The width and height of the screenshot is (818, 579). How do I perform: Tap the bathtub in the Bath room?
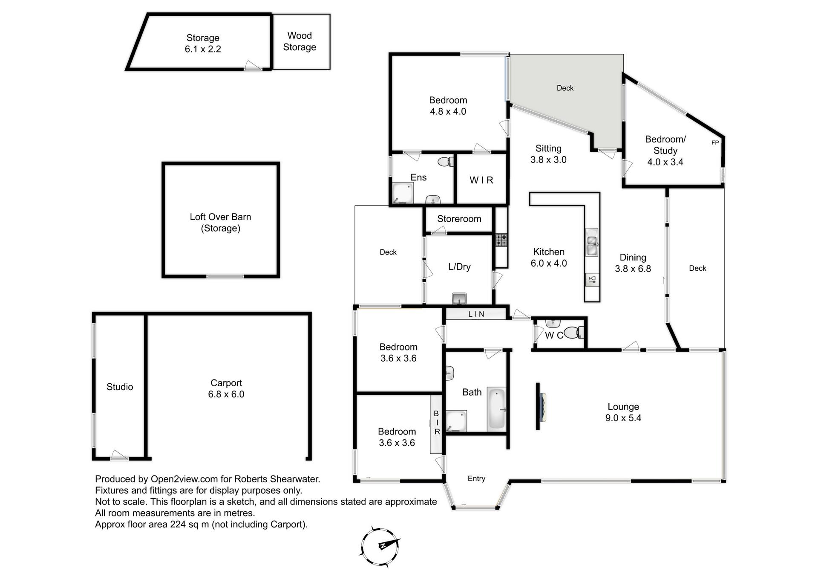[x=496, y=409]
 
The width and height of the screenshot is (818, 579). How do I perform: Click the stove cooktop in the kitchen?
[x=501, y=240]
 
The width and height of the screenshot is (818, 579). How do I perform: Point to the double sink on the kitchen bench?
[x=592, y=242]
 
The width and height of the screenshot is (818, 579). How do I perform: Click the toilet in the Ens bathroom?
[x=446, y=162]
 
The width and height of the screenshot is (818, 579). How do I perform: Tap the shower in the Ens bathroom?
[x=403, y=193]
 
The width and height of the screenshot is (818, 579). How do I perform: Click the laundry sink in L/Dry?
[x=459, y=298]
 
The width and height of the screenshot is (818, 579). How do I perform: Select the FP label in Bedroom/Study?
[x=715, y=142]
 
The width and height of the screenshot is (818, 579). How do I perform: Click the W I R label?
[x=481, y=180]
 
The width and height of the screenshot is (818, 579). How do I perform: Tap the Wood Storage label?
[x=300, y=41]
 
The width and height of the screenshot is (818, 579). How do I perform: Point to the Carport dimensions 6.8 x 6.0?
[x=226, y=394]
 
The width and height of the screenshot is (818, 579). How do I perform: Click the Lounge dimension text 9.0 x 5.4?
[x=623, y=418]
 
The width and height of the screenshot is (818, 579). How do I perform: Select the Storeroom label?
[x=459, y=219]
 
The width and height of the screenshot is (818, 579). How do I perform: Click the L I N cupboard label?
[x=476, y=314]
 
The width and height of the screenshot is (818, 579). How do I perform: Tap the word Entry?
[x=476, y=479]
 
